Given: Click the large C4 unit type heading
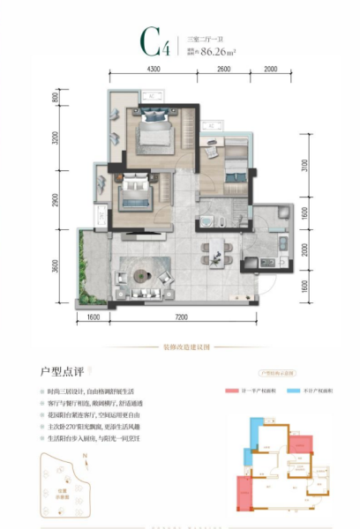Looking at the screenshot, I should tap(151, 41).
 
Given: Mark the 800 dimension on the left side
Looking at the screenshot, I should tap(56, 98).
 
